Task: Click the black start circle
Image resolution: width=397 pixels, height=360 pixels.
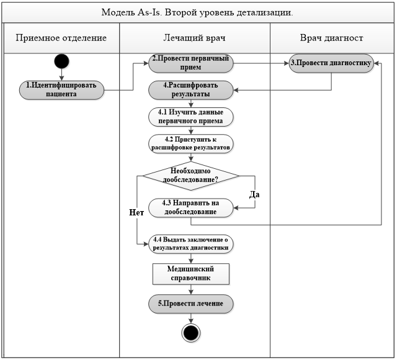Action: [61, 61]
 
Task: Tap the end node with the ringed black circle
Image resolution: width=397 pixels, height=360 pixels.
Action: [191, 333]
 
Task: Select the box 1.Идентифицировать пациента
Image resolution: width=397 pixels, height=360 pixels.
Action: [61, 90]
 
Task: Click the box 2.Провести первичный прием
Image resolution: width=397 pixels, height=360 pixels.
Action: [190, 63]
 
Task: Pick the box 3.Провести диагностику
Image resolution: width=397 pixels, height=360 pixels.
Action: [331, 63]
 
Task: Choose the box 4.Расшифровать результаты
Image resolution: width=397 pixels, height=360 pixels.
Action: [190, 90]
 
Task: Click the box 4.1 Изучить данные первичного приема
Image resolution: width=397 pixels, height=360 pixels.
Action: [190, 117]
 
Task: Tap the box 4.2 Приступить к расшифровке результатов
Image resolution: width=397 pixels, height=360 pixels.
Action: [190, 143]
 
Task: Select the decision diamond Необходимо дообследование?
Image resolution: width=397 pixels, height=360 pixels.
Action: [191, 176]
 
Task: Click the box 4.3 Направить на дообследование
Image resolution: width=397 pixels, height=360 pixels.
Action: [190, 208]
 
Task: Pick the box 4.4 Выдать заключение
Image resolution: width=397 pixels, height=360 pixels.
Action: [190, 244]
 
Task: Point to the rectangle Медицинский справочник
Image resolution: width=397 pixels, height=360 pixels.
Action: [191, 274]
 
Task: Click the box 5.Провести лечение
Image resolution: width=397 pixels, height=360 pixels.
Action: [190, 304]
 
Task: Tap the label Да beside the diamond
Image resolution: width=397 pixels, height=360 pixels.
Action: [254, 194]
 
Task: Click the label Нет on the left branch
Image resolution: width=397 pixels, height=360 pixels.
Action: [136, 212]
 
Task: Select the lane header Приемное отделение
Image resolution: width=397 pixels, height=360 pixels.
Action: [61, 38]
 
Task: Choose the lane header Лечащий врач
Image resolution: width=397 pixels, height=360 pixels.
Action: [194, 38]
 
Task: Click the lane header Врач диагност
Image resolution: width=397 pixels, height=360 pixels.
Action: [331, 38]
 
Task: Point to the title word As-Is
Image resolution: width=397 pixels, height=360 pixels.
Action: [149, 12]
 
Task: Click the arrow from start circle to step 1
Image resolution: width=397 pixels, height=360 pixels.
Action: [61, 74]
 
